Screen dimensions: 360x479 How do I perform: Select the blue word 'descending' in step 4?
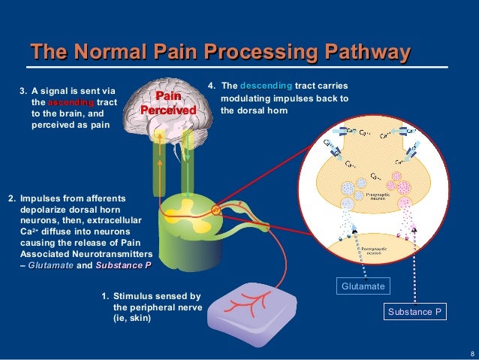(266, 86)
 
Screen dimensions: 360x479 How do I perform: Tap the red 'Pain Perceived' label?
(169, 104)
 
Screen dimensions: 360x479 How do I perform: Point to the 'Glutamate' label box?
(363, 286)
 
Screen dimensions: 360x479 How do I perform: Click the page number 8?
(471, 353)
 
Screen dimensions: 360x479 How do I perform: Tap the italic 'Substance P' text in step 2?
(123, 265)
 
